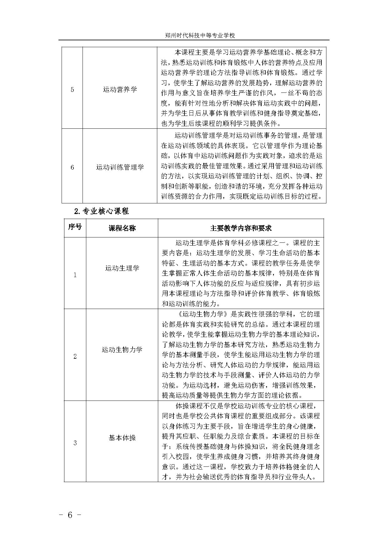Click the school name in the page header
click(x=200, y=36)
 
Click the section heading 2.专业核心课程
click(x=102, y=211)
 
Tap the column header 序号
click(x=75, y=227)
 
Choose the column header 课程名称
click(x=122, y=228)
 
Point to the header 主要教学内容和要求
click(x=241, y=228)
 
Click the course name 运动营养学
click(x=120, y=90)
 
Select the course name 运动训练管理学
click(x=120, y=167)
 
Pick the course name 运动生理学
click(x=122, y=268)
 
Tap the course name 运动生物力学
click(x=122, y=350)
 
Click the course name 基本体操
click(x=122, y=438)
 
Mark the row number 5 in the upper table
click(x=72, y=90)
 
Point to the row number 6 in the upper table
click(x=72, y=168)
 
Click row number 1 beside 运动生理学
click(x=75, y=275)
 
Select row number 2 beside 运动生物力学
click(x=75, y=356)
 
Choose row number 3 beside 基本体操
click(x=75, y=443)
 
